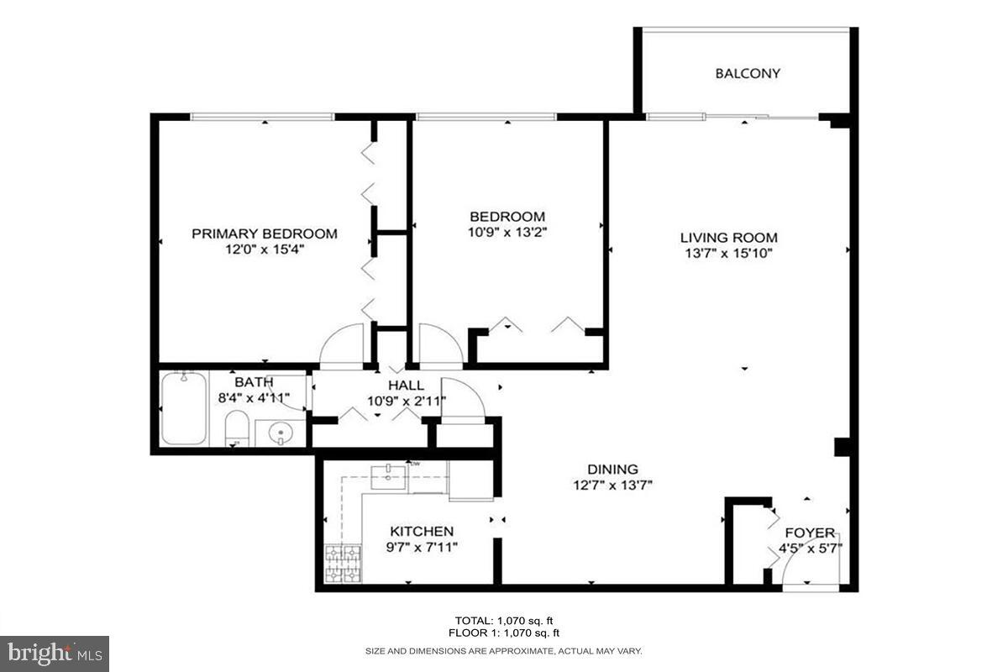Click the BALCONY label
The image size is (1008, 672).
[748, 73]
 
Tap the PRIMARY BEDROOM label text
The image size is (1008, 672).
[265, 234]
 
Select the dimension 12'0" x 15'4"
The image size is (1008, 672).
[265, 249]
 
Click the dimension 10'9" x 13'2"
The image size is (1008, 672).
[507, 233]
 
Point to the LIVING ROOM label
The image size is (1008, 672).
[728, 238]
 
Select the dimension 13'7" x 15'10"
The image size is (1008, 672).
[728, 253]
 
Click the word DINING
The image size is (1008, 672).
[612, 470]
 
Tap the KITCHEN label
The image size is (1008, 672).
[422, 532]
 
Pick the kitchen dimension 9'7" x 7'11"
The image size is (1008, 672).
[422, 548]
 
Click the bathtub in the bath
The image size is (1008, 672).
[183, 408]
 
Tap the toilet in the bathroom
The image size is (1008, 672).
[236, 429]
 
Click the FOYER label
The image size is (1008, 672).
[810, 533]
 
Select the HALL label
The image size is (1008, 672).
[406, 385]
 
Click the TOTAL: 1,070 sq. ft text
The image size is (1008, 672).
[503, 619]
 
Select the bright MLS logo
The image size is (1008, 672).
[55, 653]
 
